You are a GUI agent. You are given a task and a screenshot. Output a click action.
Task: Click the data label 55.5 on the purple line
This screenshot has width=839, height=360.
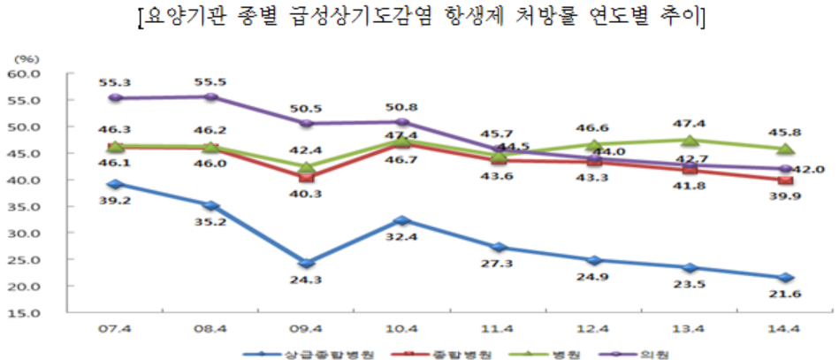tap(210, 80)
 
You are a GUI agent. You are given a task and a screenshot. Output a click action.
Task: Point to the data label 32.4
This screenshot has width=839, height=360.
tap(401, 238)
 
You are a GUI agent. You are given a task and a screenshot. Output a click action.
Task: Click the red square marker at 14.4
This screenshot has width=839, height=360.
tap(785, 180)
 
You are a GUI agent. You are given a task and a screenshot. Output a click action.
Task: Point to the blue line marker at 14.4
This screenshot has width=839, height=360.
tap(785, 278)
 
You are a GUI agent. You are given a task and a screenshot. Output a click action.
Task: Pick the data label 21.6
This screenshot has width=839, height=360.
tap(785, 296)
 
